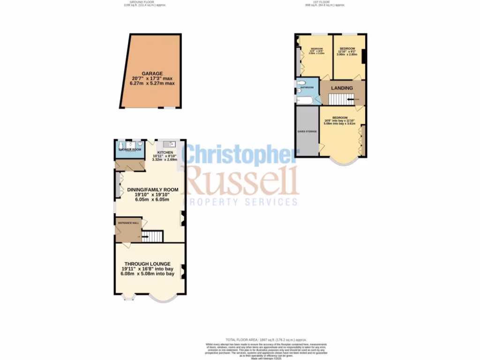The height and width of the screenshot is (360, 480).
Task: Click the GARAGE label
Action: (x=152, y=74)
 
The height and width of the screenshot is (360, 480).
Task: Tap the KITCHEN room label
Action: (x=165, y=153)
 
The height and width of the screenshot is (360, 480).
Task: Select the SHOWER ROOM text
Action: (x=129, y=150)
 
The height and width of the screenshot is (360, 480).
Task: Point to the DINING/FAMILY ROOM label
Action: (x=153, y=189)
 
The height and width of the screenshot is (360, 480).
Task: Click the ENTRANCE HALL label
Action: (x=128, y=223)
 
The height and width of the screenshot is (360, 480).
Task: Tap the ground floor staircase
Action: (x=152, y=236)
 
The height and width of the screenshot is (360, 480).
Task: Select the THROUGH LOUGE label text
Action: (x=147, y=263)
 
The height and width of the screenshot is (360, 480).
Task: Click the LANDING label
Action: (x=342, y=88)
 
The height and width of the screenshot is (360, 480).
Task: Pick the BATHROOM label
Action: (x=307, y=87)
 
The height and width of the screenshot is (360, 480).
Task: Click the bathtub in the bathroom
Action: (x=307, y=100)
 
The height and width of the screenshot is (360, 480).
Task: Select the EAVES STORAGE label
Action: (x=307, y=131)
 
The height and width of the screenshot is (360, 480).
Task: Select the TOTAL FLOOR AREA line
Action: (x=266, y=339)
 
